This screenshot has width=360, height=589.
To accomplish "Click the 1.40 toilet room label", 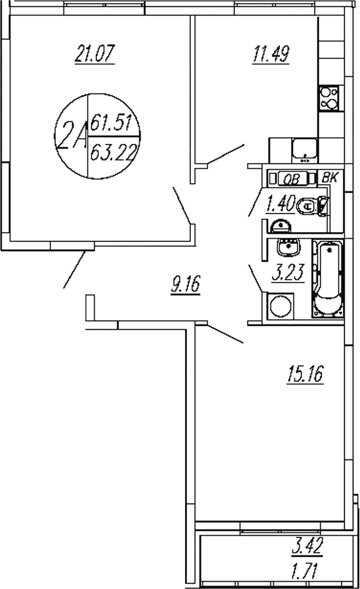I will [279, 204].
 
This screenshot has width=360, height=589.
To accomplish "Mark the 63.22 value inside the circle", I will [114, 150].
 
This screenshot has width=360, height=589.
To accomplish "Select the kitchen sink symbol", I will [305, 150].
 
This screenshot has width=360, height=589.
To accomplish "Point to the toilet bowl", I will [309, 206].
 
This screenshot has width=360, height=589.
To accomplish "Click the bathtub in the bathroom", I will [328, 280].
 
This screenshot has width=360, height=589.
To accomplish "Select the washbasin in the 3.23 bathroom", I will [289, 247].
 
